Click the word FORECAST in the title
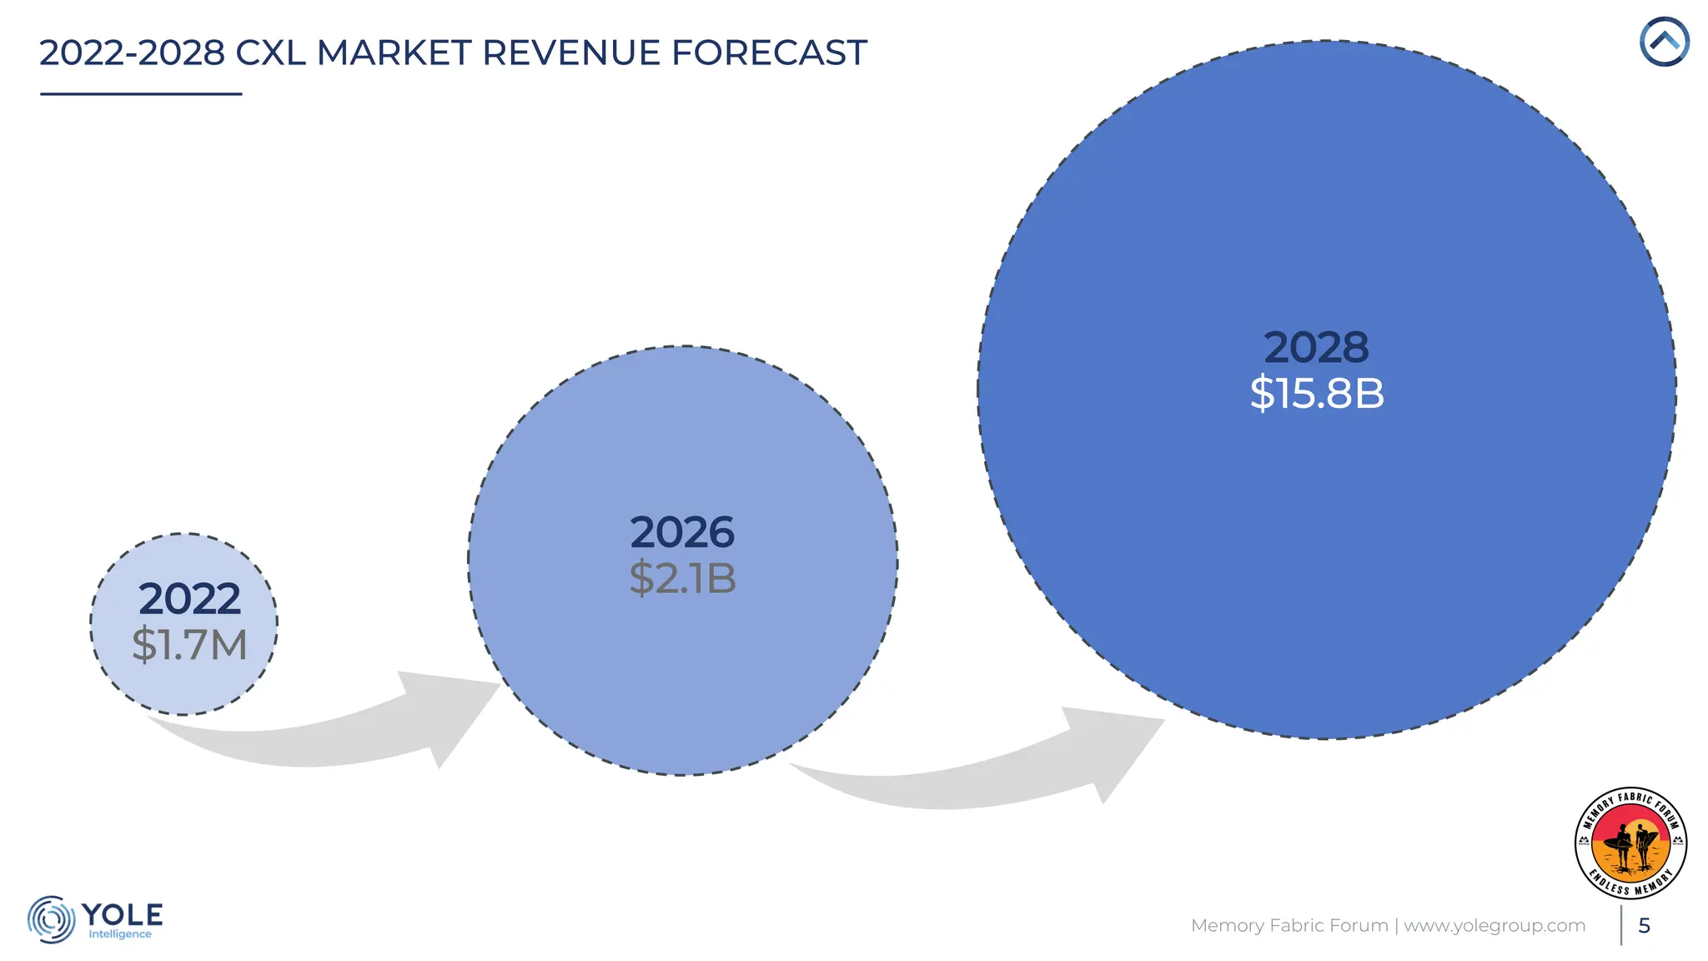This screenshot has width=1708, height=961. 769,53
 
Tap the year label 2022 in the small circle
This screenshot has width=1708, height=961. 189,598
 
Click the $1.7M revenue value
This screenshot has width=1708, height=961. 189,645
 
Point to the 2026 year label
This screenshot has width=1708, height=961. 682,532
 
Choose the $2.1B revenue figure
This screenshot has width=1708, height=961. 682,578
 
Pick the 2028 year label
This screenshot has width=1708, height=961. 1316,347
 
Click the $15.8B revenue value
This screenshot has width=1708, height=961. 1316,393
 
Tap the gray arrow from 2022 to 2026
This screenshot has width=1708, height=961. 334,734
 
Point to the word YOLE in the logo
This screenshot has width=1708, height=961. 123,914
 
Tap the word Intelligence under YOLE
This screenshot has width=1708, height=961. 120,934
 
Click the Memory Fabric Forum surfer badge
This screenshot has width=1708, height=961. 1630,843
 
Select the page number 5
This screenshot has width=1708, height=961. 1644,925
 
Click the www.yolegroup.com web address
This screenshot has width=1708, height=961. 1494,925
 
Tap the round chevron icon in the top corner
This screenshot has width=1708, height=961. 1664,42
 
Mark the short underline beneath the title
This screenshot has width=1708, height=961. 141,94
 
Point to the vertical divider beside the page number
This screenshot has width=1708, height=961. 1621,925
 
